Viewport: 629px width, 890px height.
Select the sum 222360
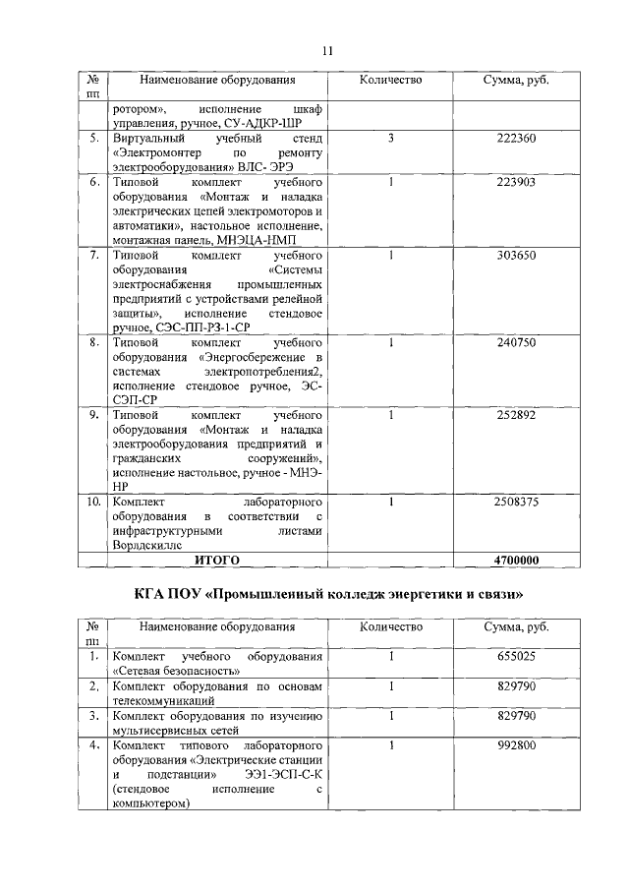click(x=516, y=139)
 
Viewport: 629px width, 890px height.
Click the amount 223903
click(x=516, y=184)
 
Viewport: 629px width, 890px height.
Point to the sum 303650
click(x=516, y=256)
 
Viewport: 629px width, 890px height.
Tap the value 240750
click(x=516, y=342)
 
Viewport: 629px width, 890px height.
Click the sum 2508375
click(x=516, y=501)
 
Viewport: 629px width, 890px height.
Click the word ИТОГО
click(x=217, y=560)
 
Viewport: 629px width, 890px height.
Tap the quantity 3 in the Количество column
click(x=390, y=139)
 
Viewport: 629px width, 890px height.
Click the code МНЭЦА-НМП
click(x=281, y=241)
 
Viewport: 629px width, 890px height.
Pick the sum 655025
click(x=516, y=656)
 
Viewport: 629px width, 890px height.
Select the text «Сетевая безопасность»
click(x=176, y=671)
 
